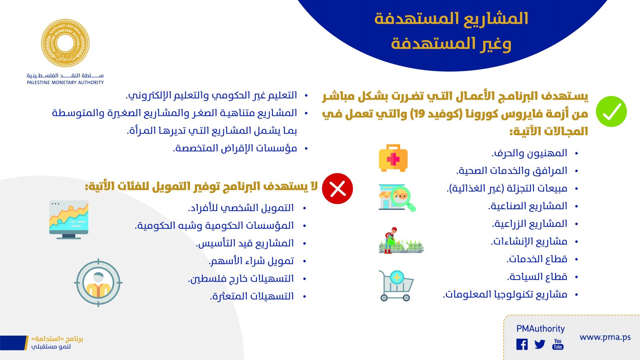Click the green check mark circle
pyautogui.click(x=611, y=112)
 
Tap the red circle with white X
pyautogui.click(x=338, y=188)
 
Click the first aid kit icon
pyautogui.click(x=393, y=158)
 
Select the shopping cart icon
pyautogui.click(x=396, y=286)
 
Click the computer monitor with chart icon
pyautogui.click(x=69, y=220)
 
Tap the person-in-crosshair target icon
pyautogui.click(x=98, y=282)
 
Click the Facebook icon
pyautogui.click(x=522, y=344)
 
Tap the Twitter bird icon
pyautogui.click(x=540, y=344)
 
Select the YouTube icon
pyautogui.click(x=558, y=344)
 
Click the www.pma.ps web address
pyautogui.click(x=605, y=338)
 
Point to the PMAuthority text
pyautogui.click(x=540, y=329)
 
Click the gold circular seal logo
pyautogui.click(x=65, y=43)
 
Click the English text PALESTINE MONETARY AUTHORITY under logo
pyautogui.click(x=65, y=82)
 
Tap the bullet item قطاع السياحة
pyautogui.click(x=537, y=277)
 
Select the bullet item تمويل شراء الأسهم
pyautogui.click(x=252, y=261)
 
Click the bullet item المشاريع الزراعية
pyautogui.click(x=530, y=224)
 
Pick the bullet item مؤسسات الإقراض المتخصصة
pyautogui.click(x=235, y=148)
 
